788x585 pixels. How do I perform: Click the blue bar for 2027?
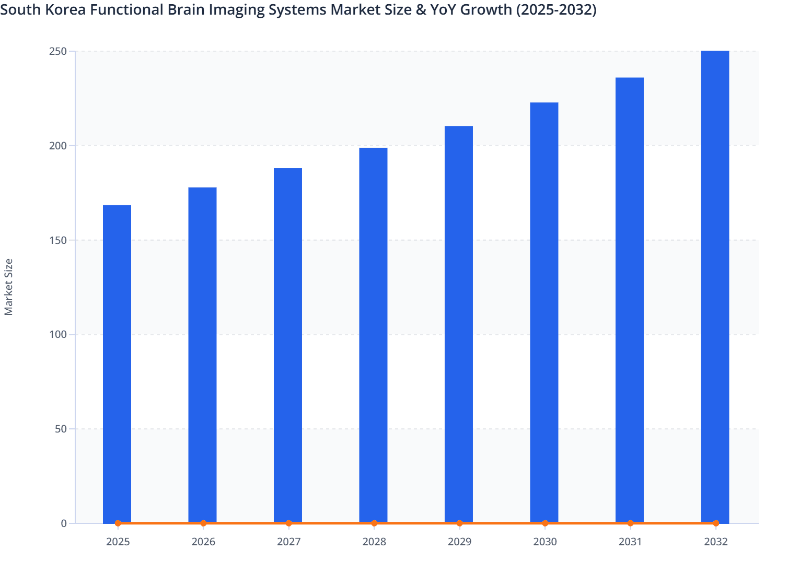pyautogui.click(x=288, y=345)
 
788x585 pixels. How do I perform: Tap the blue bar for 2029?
pyautogui.click(x=459, y=324)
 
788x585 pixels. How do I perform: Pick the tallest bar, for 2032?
pyautogui.click(x=715, y=287)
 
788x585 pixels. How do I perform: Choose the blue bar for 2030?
pyautogui.click(x=544, y=313)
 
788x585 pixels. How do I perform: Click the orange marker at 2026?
pyautogui.click(x=203, y=523)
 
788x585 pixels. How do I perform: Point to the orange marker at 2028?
pyautogui.click(x=374, y=523)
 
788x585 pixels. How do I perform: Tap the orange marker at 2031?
pyautogui.click(x=630, y=523)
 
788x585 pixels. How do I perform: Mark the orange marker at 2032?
pyautogui.click(x=716, y=523)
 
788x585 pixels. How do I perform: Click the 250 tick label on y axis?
pyautogui.click(x=58, y=51)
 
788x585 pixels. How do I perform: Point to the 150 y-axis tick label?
pyautogui.click(x=58, y=240)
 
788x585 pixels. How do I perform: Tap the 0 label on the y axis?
pyautogui.click(x=64, y=523)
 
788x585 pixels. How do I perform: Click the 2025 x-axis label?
pyautogui.click(x=118, y=542)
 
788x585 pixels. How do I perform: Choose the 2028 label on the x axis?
pyautogui.click(x=374, y=542)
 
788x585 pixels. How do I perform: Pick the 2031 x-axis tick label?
pyautogui.click(x=630, y=542)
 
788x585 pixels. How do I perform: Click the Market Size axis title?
pyautogui.click(x=8, y=287)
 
